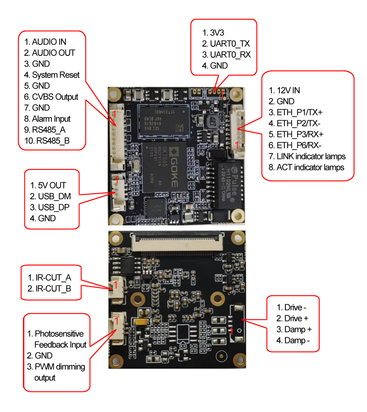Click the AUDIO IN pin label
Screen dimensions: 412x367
click(x=49, y=42)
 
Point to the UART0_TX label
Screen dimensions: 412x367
click(x=229, y=44)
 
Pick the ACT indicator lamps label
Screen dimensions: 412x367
click(x=310, y=168)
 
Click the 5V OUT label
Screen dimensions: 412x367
click(x=50, y=185)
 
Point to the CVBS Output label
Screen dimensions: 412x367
click(x=55, y=97)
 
